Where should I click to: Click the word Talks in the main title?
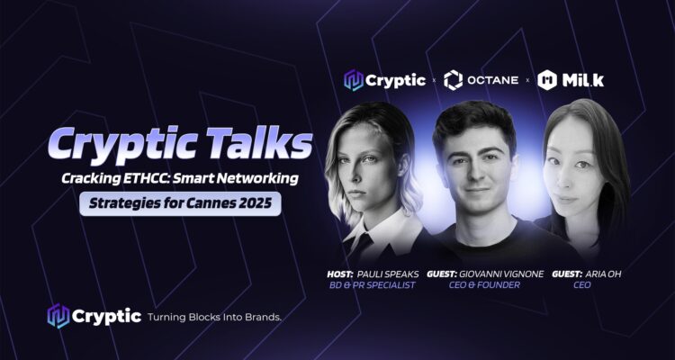tap(255, 143)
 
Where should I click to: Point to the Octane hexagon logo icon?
tap(454, 80)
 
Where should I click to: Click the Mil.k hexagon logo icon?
tap(547, 80)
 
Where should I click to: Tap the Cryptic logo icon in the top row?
tap(354, 80)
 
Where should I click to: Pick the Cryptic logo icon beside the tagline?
tap(58, 316)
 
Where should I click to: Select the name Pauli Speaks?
tap(388, 274)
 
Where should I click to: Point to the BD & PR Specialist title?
tap(372, 285)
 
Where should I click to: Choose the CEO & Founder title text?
tap(485, 285)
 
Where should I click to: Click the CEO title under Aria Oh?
tap(582, 285)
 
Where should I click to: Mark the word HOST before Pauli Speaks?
tap(340, 274)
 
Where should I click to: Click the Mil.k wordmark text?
tap(583, 80)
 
